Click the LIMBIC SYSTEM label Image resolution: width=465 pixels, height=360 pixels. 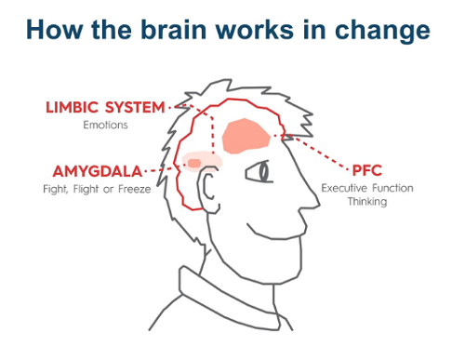[105, 108]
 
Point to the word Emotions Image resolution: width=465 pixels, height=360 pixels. [104, 124]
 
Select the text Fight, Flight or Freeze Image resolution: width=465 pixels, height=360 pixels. [96, 190]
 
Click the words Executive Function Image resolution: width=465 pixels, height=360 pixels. [367, 188]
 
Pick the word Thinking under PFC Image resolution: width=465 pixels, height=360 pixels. [367, 201]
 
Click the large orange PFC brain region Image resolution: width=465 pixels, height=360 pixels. [246, 136]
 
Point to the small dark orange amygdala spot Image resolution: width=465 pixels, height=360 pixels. [194, 164]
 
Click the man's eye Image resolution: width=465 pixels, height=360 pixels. [265, 172]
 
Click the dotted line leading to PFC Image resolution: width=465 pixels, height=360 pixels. [321, 153]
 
